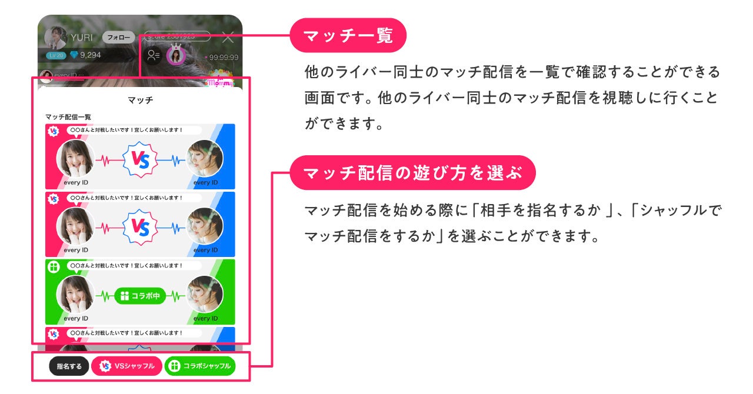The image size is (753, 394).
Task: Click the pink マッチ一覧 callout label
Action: coord(348,35)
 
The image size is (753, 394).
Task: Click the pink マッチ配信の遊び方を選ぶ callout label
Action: coord(412,173)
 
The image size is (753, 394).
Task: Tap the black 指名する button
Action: coord(69,366)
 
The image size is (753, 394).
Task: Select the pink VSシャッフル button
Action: coord(127,366)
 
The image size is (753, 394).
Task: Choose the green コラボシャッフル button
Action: coord(200,366)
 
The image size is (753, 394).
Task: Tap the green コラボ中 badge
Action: coord(140,296)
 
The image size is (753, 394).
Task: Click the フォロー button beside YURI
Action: coord(119,37)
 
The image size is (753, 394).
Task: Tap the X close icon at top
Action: coord(228,38)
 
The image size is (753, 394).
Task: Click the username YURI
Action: coord(82,38)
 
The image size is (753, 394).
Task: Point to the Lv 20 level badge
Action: coord(56,55)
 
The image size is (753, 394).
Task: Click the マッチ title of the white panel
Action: coord(140,100)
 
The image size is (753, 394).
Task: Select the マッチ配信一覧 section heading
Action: coord(68,117)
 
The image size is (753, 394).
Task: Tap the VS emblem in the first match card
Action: coord(140,160)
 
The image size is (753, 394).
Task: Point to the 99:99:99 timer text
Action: coord(222,58)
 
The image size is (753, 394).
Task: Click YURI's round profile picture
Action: coord(56,37)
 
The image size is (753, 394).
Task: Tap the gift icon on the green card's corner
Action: coord(54,266)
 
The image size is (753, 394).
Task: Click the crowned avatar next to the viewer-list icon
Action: coord(176,56)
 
